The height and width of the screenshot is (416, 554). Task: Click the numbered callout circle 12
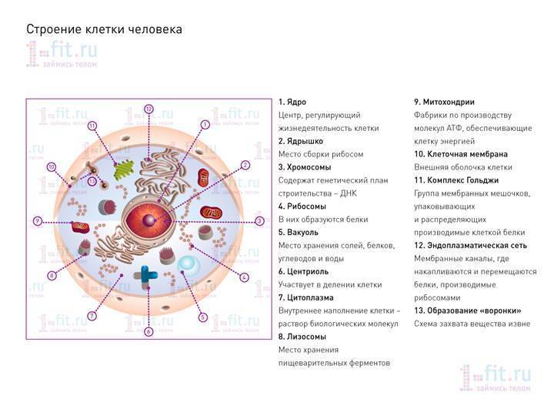(x=149, y=109)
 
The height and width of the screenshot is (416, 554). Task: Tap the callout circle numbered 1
(x=205, y=125)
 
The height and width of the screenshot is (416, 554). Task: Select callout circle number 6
(x=149, y=331)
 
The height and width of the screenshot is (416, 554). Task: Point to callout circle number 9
(x=38, y=221)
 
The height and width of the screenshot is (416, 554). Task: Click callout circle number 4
(x=244, y=277)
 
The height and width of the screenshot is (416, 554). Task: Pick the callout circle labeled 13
(x=92, y=182)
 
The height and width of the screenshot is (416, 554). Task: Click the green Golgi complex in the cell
(x=124, y=169)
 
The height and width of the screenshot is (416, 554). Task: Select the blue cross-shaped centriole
(x=146, y=276)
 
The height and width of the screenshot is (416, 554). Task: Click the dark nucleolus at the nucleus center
(x=149, y=221)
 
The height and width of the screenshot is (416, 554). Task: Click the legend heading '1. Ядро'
(x=292, y=102)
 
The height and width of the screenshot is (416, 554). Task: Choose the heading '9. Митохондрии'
(x=444, y=102)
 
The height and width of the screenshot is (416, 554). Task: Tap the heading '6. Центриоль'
(x=303, y=272)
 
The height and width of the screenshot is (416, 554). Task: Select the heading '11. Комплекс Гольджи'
(x=456, y=180)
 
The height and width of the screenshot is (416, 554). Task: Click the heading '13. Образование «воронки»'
(x=468, y=311)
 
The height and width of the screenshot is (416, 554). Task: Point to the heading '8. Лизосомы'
(x=302, y=337)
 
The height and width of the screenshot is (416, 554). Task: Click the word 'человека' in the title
(x=155, y=29)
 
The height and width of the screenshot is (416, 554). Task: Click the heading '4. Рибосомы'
(x=302, y=206)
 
